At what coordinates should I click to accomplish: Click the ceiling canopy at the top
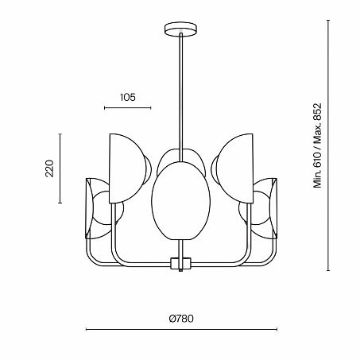pos(180,31)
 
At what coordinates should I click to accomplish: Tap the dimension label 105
pos(127,97)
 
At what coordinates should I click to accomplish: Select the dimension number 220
pos(48,168)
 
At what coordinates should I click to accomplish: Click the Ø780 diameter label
pos(181,319)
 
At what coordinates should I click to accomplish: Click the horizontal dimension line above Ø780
pos(181,330)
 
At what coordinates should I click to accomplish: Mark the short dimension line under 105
pos(127,107)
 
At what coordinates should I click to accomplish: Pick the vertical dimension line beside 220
pos(60,168)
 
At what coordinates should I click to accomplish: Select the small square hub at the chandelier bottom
pos(180,263)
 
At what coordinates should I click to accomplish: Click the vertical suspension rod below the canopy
pos(180,87)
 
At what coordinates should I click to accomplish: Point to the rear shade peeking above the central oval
pos(180,157)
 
